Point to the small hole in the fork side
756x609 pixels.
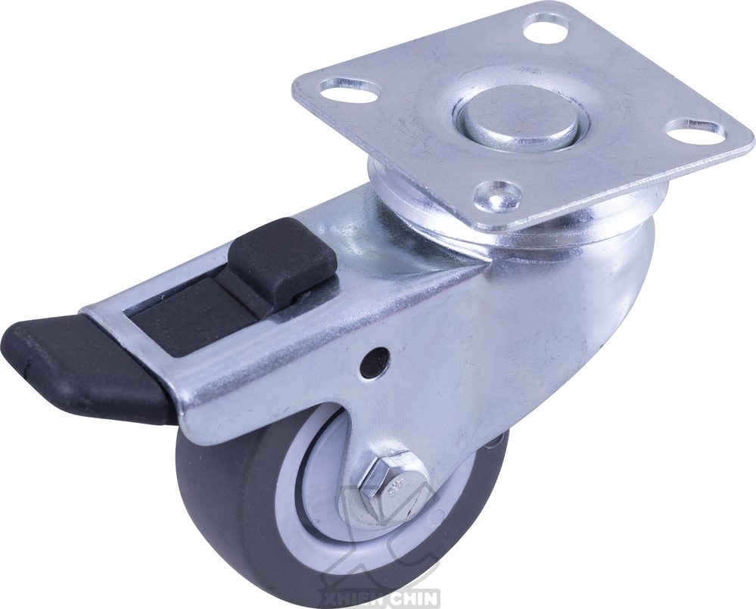(x=372, y=362)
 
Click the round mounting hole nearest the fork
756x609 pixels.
(x=497, y=196)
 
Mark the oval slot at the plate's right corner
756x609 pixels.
(x=696, y=131)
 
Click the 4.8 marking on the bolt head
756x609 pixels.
(x=394, y=489)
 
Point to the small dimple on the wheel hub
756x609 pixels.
(x=437, y=517)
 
